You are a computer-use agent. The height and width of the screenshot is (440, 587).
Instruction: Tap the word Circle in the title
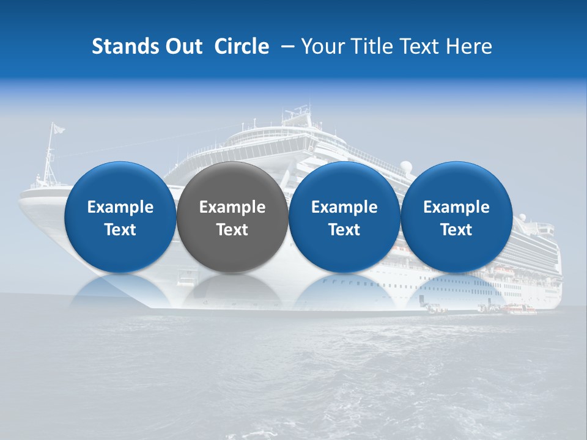click(242, 46)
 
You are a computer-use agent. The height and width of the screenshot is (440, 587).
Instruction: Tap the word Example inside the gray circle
click(232, 207)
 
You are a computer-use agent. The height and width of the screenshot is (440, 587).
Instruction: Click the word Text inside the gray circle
click(232, 230)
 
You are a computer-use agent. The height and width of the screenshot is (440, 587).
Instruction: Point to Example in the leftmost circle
click(120, 207)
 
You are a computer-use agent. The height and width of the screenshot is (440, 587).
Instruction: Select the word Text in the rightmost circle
click(456, 230)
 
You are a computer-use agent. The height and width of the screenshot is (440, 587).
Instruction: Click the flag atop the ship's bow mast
click(57, 128)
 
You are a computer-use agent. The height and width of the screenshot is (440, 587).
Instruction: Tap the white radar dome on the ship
click(406, 166)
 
